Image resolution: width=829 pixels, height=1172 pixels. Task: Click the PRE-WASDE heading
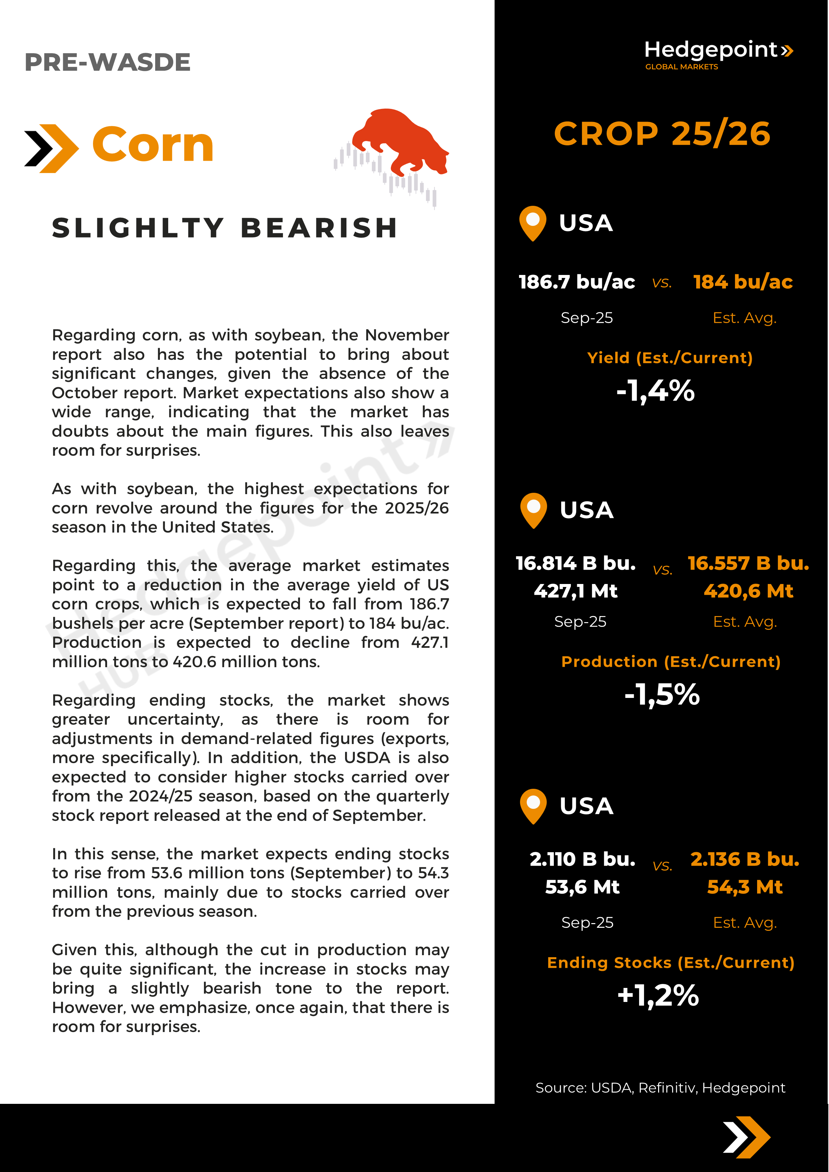(107, 62)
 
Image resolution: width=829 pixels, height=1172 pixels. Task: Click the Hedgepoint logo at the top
(718, 53)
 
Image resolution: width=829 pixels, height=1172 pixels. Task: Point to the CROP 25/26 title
(662, 134)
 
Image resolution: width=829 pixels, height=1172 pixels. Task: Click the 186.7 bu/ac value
(577, 282)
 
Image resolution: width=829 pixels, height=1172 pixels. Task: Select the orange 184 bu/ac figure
(743, 282)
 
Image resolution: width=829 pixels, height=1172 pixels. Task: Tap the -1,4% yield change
(655, 391)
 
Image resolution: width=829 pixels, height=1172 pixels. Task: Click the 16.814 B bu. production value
(576, 563)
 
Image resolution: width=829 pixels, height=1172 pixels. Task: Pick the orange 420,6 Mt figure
(748, 591)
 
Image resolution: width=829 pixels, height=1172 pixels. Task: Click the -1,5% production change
(662, 695)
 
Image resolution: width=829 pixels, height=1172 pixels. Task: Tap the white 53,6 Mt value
(582, 887)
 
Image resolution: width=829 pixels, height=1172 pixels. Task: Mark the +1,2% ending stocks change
(658, 995)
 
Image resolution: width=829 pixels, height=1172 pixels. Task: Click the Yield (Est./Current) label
(669, 358)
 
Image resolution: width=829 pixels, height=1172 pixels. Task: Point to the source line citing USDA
(660, 1088)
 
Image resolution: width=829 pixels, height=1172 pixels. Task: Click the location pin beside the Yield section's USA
(532, 223)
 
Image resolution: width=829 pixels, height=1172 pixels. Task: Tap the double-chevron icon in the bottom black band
(746, 1137)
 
